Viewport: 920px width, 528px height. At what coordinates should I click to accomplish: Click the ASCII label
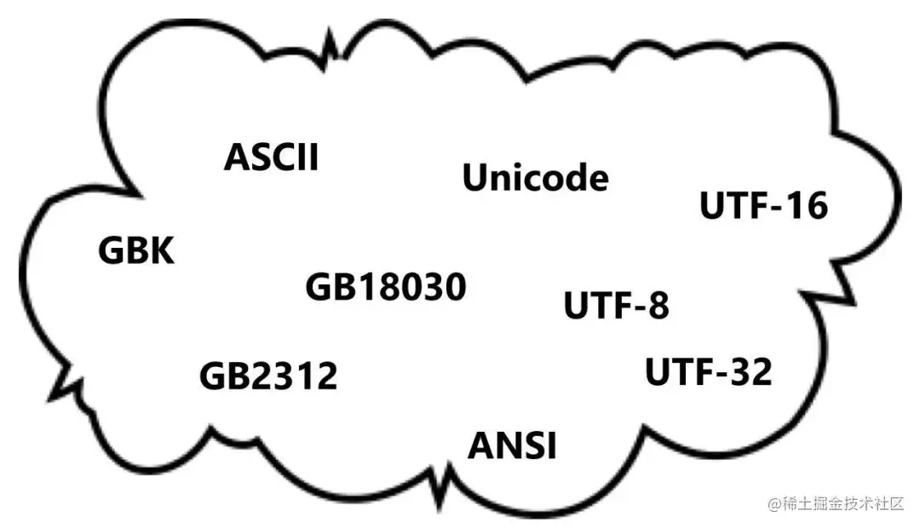(271, 158)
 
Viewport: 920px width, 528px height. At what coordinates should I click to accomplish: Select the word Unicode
(535, 179)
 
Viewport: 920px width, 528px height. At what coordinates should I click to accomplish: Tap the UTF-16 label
(763, 207)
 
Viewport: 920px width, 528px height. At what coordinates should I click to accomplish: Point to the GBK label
(136, 251)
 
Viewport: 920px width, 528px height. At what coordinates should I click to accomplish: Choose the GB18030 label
(386, 288)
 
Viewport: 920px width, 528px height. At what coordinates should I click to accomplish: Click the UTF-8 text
(617, 306)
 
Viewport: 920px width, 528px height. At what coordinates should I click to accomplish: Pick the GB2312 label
(268, 376)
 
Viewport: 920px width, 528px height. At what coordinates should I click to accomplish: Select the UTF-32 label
(708, 372)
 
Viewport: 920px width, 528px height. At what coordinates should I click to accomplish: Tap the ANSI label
(512, 445)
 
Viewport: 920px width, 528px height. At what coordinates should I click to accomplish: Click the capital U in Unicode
(475, 179)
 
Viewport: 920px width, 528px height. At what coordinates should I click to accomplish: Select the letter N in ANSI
(508, 445)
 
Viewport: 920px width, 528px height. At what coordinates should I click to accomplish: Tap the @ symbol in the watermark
(774, 505)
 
